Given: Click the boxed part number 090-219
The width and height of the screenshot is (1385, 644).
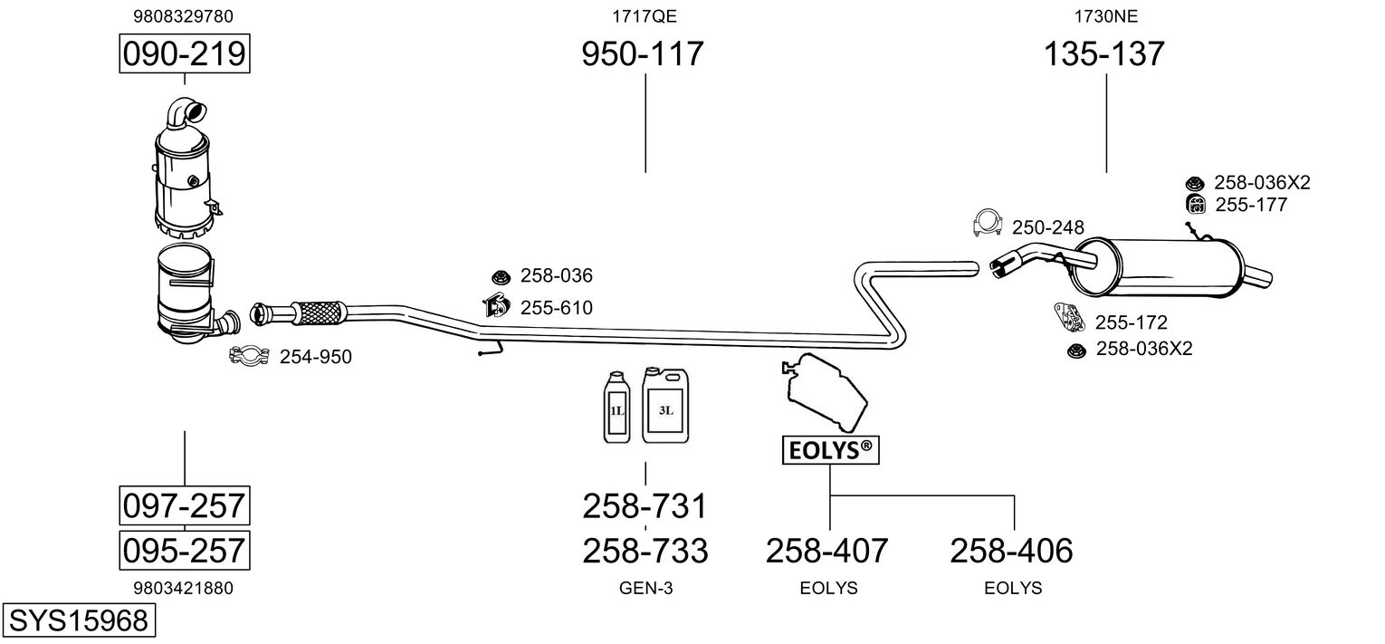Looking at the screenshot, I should click(x=185, y=54).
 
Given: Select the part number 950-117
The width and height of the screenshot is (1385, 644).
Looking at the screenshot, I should click(x=642, y=54).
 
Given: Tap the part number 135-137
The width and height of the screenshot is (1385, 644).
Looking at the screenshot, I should click(x=1104, y=54).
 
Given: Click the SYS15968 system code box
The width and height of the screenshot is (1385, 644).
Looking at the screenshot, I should click(x=78, y=620).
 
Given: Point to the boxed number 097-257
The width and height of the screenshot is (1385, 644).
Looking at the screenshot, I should click(x=185, y=505).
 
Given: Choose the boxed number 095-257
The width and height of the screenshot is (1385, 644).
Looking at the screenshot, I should click(x=185, y=549).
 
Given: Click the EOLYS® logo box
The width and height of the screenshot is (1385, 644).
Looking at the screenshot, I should click(x=830, y=449).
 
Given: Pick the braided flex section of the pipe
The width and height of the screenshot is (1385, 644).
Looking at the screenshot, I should click(x=319, y=312).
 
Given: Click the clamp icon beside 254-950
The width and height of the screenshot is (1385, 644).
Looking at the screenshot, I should click(x=247, y=357).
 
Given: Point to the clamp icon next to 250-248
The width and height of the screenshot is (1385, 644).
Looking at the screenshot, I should click(x=988, y=224).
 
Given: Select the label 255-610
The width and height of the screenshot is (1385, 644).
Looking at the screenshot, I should click(x=556, y=308).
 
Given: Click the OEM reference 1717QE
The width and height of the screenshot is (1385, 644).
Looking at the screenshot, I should click(x=645, y=15).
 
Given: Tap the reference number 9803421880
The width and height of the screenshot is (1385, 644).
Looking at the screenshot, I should click(x=184, y=588).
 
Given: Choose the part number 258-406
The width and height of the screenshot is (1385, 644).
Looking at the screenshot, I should click(x=1011, y=550).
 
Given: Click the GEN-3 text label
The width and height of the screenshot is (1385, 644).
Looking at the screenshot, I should click(x=645, y=588).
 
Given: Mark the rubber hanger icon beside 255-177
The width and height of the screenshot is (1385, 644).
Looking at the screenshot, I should click(x=1195, y=205).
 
